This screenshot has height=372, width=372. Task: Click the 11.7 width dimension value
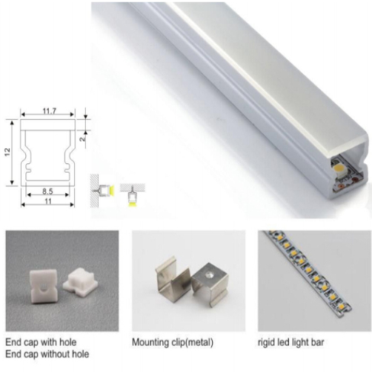[49, 111]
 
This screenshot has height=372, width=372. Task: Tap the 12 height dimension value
[8, 152]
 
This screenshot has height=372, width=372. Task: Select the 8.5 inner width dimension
[47, 191]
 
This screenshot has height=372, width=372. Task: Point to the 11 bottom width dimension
[48, 201]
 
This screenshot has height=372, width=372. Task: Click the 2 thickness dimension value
[83, 139]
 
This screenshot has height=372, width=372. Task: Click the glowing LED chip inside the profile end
[339, 168]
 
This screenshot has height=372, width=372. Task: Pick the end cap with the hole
[43, 287]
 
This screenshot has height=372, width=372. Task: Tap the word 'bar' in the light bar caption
[317, 342]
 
